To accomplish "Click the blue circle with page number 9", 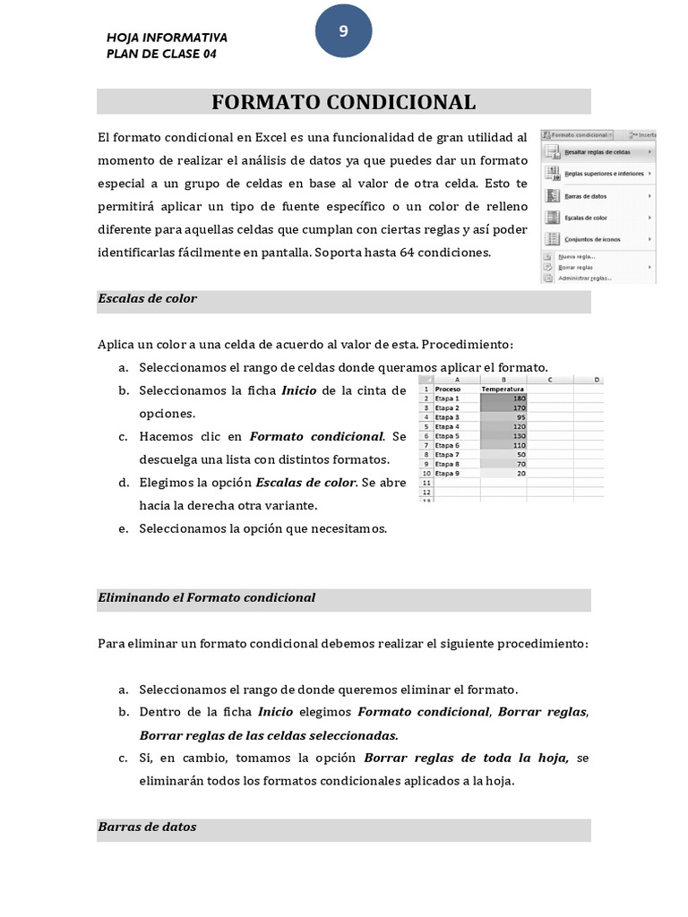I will pyautogui.click(x=343, y=32).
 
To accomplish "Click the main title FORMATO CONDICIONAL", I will pyautogui.click(x=343, y=102).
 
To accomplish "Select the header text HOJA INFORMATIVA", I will pyautogui.click(x=167, y=38).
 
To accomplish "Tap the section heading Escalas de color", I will pyautogui.click(x=147, y=299).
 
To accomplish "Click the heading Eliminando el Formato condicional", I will pyautogui.click(x=206, y=597).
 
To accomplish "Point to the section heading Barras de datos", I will pyautogui.click(x=147, y=827).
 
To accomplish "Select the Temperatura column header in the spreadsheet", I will pyautogui.click(x=503, y=390).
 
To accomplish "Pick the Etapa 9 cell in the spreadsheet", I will pyautogui.click(x=447, y=473).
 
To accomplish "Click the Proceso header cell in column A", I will pyautogui.click(x=447, y=390).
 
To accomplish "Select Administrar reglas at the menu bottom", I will pyautogui.click(x=585, y=279).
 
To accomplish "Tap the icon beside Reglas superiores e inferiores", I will pyautogui.click(x=552, y=175).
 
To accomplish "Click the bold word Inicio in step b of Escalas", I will pyautogui.click(x=298, y=390).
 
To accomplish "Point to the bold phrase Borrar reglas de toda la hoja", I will pyautogui.click(x=467, y=758).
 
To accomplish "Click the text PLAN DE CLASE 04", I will pyautogui.click(x=161, y=54).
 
